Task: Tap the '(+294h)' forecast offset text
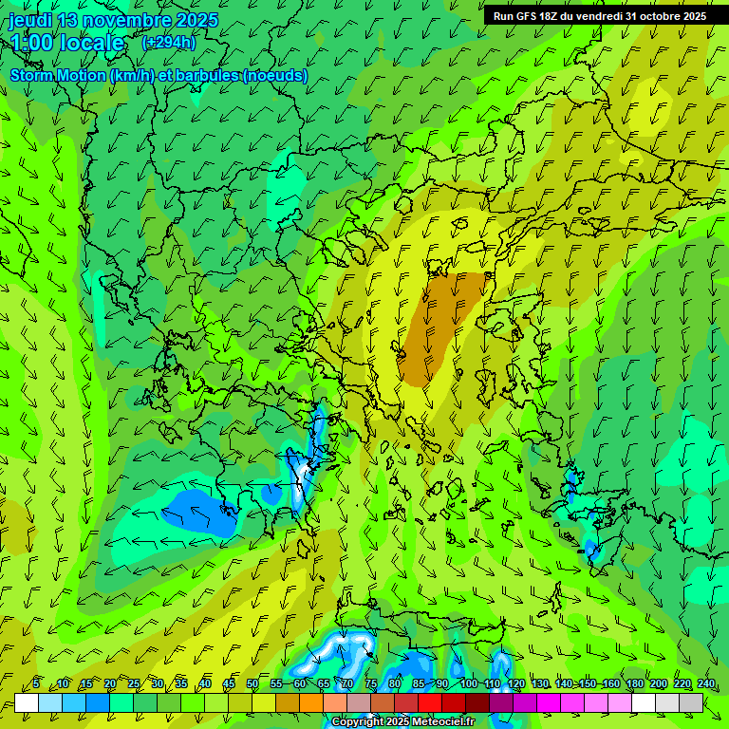click(x=168, y=42)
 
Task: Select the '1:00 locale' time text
click(x=67, y=43)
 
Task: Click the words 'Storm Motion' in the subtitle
click(x=58, y=75)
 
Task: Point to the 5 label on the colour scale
click(x=36, y=683)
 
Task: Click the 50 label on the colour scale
click(x=252, y=683)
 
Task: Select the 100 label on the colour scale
click(x=468, y=683)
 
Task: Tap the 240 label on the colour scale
click(x=705, y=683)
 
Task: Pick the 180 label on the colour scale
click(x=634, y=683)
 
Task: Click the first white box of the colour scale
click(x=27, y=702)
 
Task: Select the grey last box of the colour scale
click(x=691, y=702)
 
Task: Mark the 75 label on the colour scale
click(x=371, y=683)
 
